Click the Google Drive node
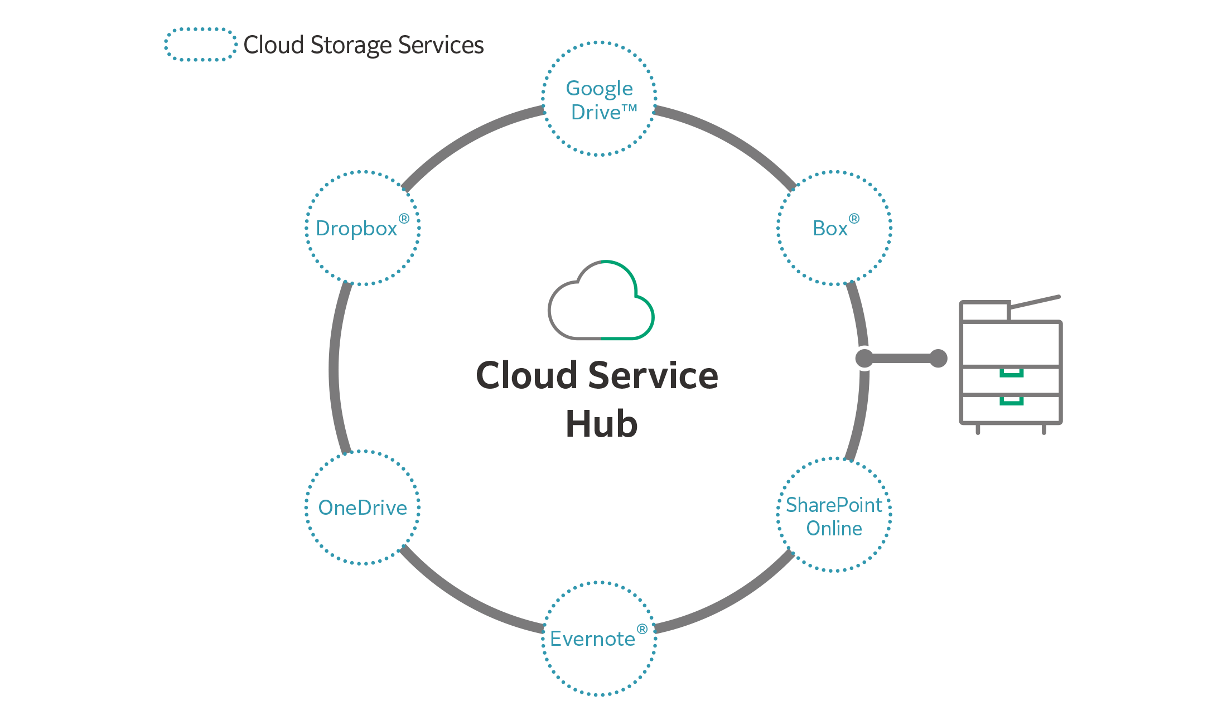(600, 99)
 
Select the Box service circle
(834, 228)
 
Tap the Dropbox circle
(363, 228)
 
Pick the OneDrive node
(363, 507)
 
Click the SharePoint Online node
(834, 515)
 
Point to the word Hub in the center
(601, 424)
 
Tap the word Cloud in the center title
(526, 375)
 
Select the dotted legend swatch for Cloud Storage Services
(200, 45)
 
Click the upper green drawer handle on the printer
(1011, 373)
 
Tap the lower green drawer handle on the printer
(1011, 400)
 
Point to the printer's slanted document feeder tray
(1035, 302)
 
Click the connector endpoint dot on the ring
(864, 358)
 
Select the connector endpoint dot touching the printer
(939, 358)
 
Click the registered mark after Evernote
(642, 629)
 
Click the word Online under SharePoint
(834, 528)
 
